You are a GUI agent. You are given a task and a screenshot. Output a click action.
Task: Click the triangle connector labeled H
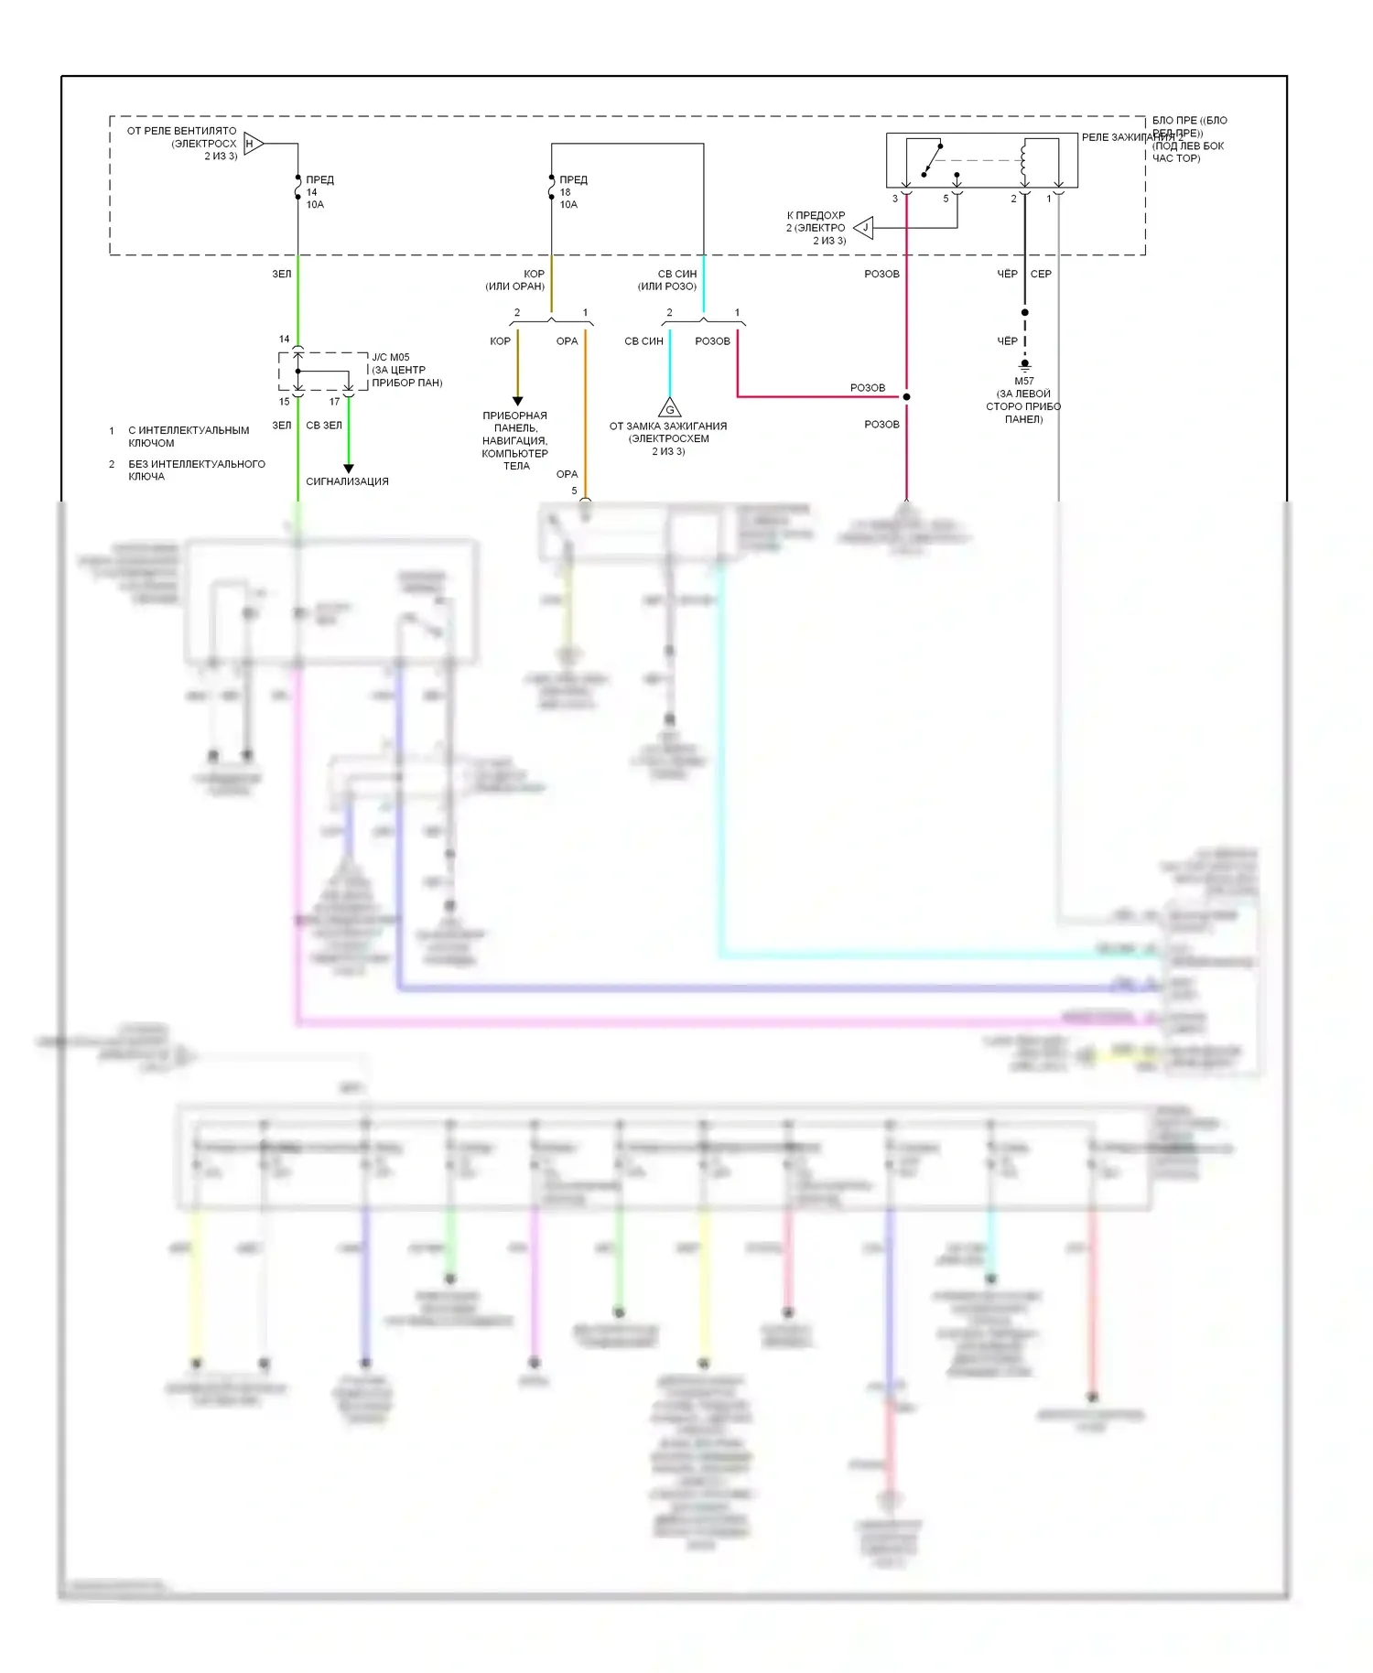pos(254,144)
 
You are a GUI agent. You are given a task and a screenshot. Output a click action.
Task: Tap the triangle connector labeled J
pos(864,228)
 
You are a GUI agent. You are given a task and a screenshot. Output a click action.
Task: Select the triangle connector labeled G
pos(670,407)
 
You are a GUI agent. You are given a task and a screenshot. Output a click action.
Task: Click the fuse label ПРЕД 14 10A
pos(318,192)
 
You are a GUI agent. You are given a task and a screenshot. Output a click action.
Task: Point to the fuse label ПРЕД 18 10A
pos(571,192)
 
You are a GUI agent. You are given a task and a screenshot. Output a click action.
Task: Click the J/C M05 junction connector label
pos(406,370)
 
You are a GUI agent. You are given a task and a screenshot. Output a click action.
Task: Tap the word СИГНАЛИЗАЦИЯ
pos(347,481)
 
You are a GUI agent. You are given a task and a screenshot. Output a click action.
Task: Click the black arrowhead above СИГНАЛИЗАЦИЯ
pos(348,469)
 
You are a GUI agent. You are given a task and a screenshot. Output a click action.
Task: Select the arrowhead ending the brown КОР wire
pos(517,401)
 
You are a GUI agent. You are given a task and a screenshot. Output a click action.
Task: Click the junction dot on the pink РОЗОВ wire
pos(906,397)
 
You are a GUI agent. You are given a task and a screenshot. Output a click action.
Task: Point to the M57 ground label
pos(1023,400)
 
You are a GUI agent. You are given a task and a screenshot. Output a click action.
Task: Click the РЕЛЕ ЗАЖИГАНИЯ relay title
pos(1132,137)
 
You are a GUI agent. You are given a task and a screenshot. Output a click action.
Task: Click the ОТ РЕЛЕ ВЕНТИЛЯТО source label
pos(181,144)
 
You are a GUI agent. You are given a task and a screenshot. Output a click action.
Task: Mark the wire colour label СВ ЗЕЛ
pos(324,426)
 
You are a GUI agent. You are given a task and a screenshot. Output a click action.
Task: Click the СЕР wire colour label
pos(1041,274)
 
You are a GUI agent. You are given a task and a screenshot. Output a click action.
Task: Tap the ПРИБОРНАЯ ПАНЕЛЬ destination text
pos(515,440)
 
